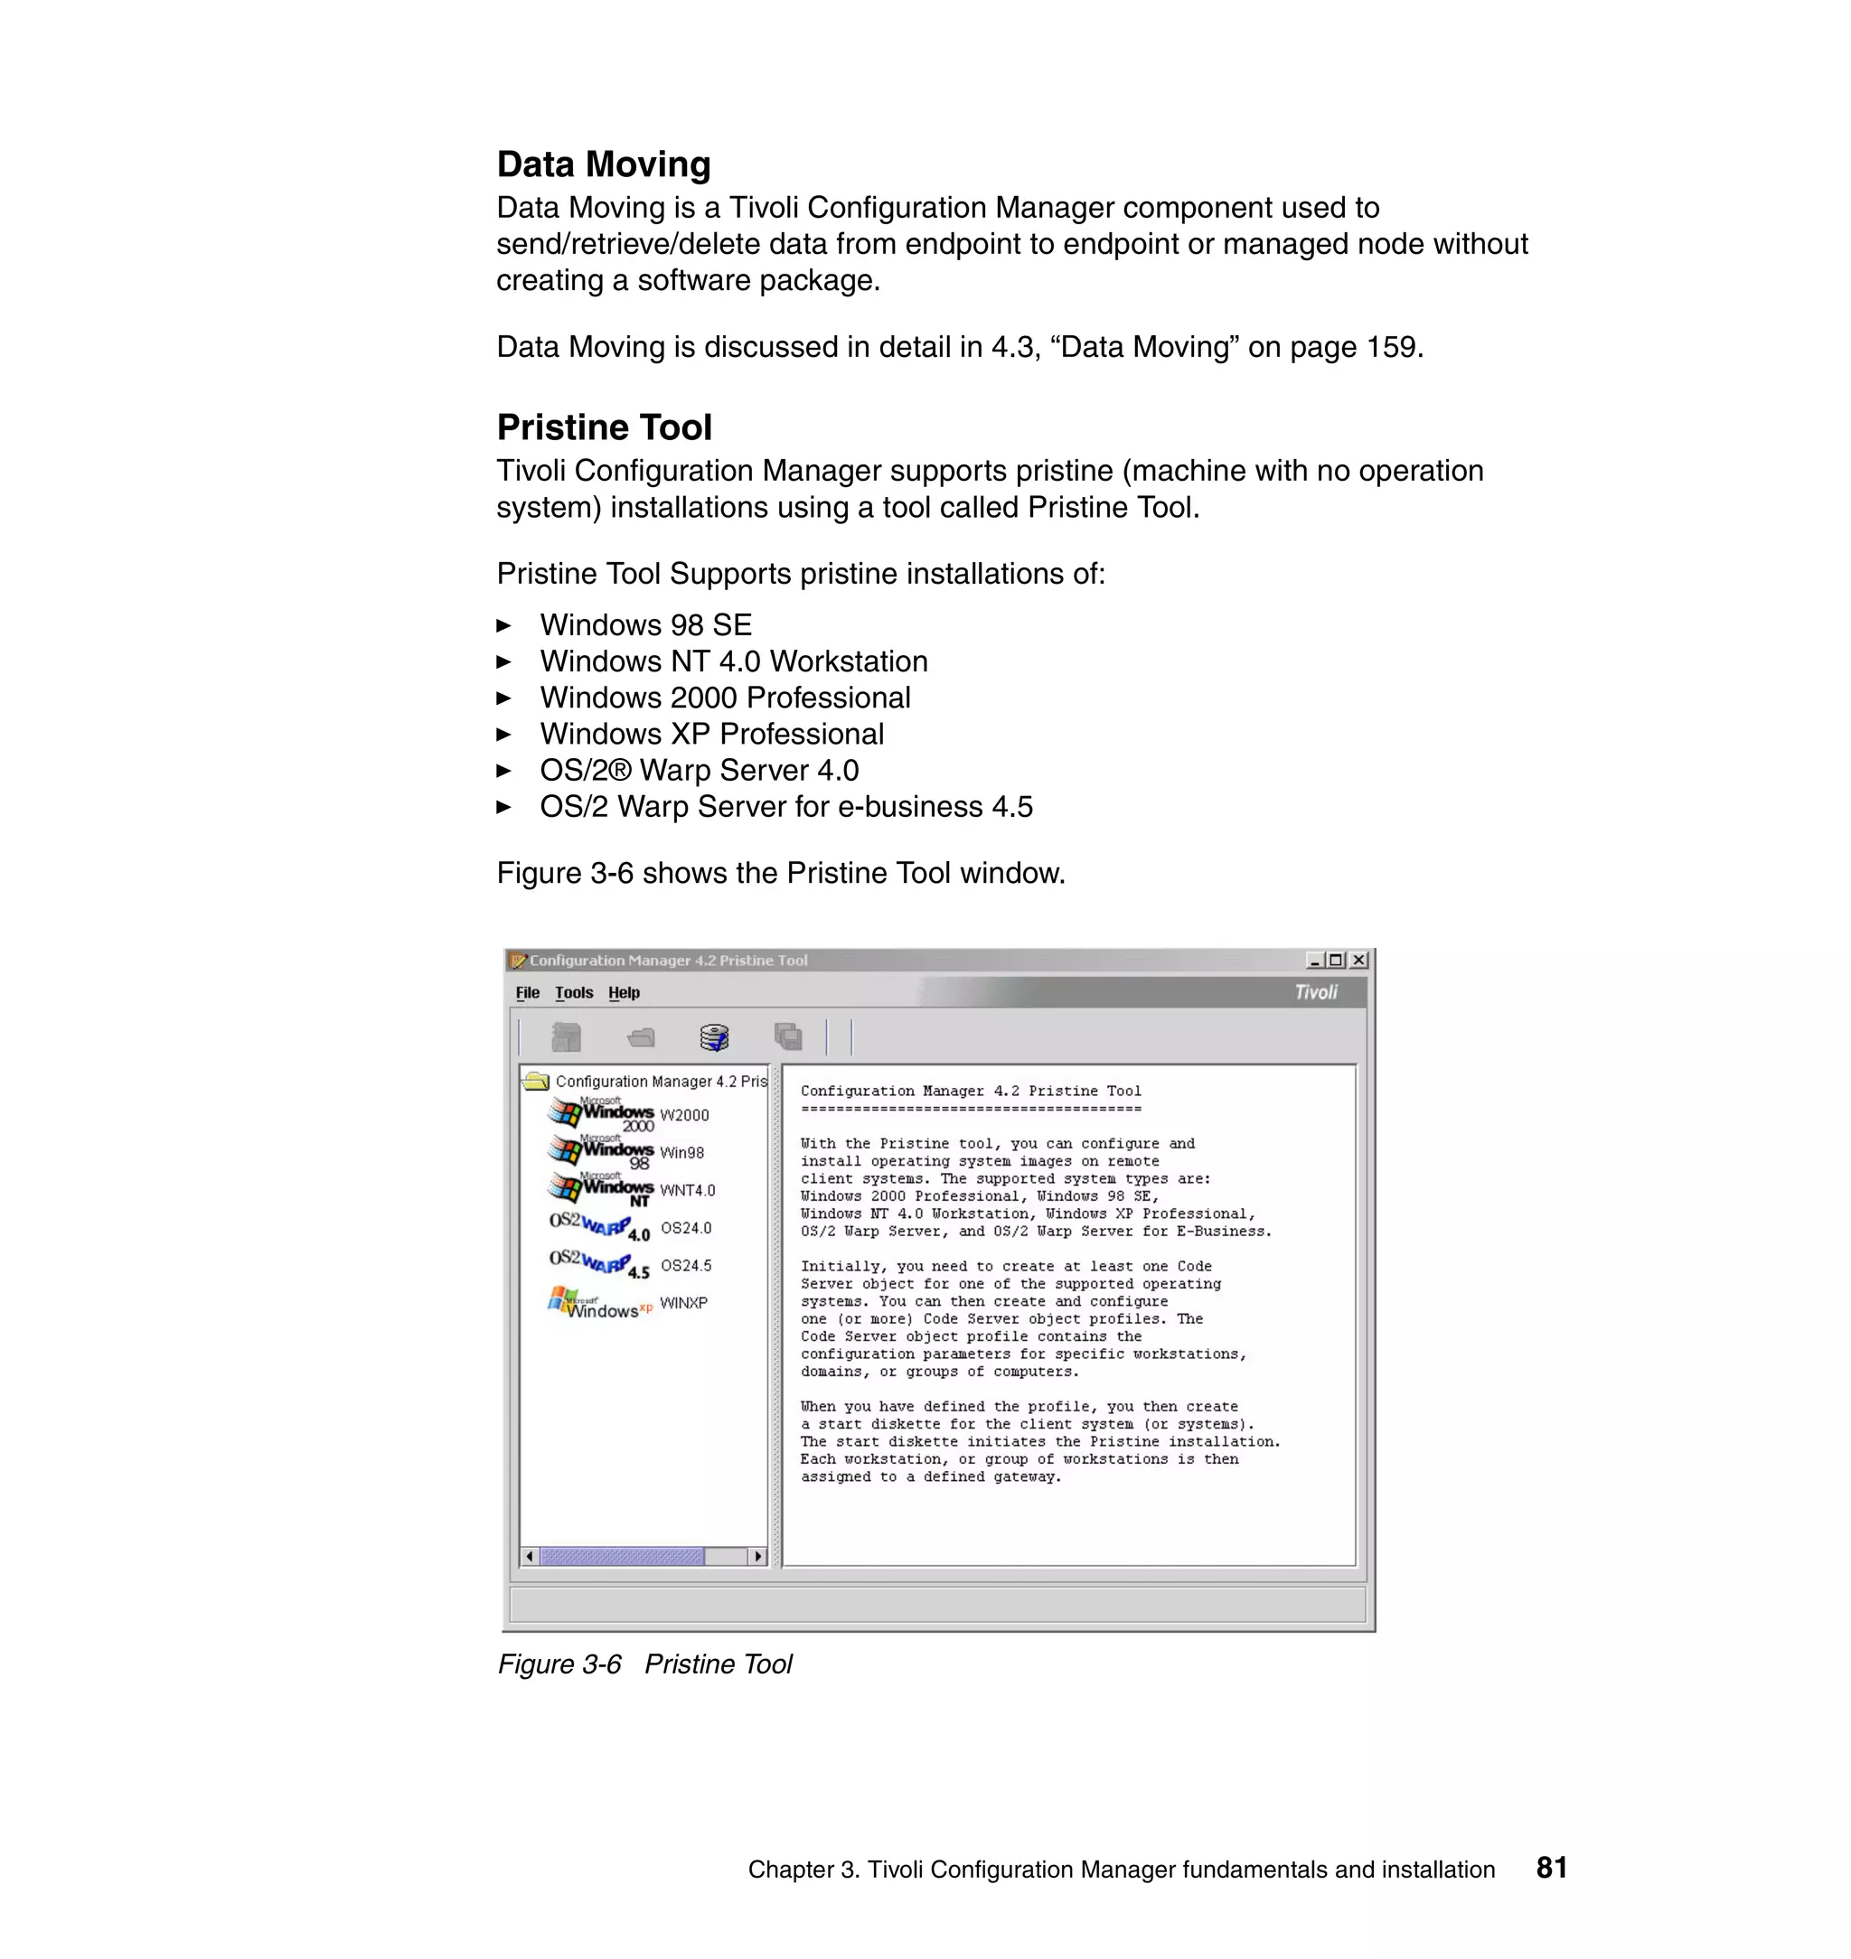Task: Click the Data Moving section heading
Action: [x=603, y=164]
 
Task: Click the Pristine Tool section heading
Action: [x=604, y=427]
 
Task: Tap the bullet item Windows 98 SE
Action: [x=645, y=625]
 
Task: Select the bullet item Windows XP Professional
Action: [x=711, y=734]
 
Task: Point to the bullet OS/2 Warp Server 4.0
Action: [x=699, y=771]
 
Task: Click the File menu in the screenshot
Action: [x=527, y=992]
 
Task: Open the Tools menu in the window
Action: [x=573, y=992]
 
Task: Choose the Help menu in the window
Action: [x=624, y=992]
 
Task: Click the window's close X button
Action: [x=1358, y=960]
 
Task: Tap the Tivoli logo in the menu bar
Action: [x=1315, y=992]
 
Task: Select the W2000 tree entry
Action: [x=684, y=1116]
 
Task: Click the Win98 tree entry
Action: [x=681, y=1153]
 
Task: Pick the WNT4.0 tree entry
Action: [x=687, y=1191]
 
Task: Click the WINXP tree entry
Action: [x=682, y=1303]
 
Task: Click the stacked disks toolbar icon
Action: [x=714, y=1036]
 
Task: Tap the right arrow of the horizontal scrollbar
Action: [x=757, y=1557]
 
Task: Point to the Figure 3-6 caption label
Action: [x=559, y=1664]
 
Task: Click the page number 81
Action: [x=1551, y=1867]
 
